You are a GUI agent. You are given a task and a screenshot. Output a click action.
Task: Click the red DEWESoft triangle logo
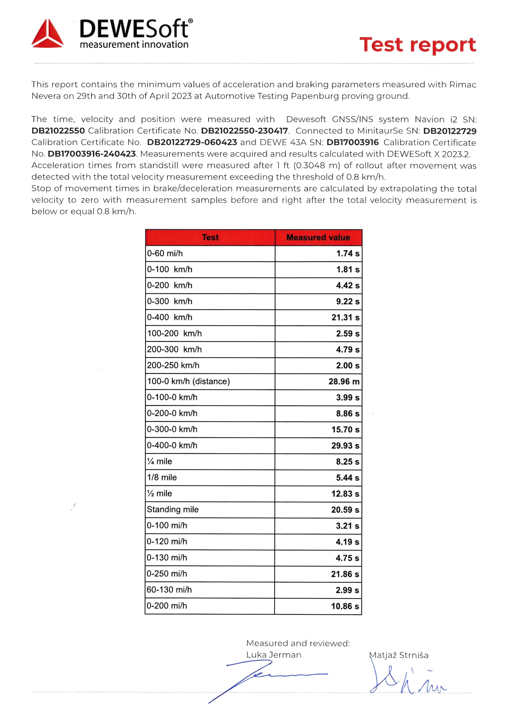coord(47,34)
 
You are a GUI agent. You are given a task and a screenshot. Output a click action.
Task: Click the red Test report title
coord(418,45)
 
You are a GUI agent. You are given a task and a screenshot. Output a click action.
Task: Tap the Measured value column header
coord(318,237)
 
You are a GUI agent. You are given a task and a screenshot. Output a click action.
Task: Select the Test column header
coord(210,237)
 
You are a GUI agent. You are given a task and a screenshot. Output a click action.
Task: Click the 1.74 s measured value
coord(348,254)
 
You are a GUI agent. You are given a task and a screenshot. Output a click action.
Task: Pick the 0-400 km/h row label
coord(170,317)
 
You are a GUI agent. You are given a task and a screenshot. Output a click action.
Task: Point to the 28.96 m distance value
coord(344,381)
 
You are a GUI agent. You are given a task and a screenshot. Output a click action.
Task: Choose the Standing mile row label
coord(173,510)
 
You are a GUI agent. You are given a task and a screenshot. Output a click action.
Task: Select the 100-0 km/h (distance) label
coord(188,381)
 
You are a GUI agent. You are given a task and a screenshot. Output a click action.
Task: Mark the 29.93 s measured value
coord(345,446)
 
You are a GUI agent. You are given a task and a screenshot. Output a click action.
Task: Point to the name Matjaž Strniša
coord(399,655)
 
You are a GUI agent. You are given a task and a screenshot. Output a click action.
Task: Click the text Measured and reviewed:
coord(298,643)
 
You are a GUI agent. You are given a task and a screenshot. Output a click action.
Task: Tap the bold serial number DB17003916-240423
coord(92,154)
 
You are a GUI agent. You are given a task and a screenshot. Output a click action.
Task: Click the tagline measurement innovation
coord(134,44)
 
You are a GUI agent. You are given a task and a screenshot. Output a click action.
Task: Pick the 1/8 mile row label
coord(162,478)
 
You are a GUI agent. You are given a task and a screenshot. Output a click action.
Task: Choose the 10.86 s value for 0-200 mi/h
coord(345,606)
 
